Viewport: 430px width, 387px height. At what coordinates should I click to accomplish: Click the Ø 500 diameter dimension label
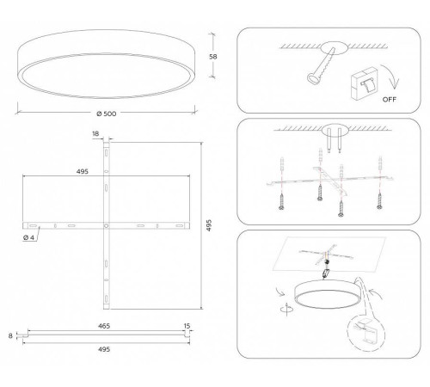(107, 114)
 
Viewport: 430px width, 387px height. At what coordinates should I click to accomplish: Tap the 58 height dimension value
(213, 57)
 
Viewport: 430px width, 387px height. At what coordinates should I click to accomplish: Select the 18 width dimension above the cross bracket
(95, 133)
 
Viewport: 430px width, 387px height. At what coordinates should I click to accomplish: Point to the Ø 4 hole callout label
(28, 237)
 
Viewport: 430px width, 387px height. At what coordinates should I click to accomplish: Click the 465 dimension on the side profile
(104, 326)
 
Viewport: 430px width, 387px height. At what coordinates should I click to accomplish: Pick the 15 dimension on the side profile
(187, 326)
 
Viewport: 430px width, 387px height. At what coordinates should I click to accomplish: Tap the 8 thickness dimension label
(10, 335)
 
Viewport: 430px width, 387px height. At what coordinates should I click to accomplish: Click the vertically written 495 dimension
(209, 225)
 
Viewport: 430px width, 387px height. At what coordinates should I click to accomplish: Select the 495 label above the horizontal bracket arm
(83, 172)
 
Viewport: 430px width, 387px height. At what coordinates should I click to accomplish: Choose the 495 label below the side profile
(104, 349)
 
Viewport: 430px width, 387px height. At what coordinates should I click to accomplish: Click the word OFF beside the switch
(390, 100)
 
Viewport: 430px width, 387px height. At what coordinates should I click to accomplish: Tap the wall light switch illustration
(364, 83)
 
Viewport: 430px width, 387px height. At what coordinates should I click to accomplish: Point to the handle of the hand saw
(313, 78)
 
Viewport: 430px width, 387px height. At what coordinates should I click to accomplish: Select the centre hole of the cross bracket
(106, 226)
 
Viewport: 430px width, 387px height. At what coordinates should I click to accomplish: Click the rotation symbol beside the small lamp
(287, 309)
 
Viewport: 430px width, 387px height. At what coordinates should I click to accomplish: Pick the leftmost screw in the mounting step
(281, 202)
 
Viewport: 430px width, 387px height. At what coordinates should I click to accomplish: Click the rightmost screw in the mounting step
(379, 201)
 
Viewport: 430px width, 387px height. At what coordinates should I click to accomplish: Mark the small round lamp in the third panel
(326, 295)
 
